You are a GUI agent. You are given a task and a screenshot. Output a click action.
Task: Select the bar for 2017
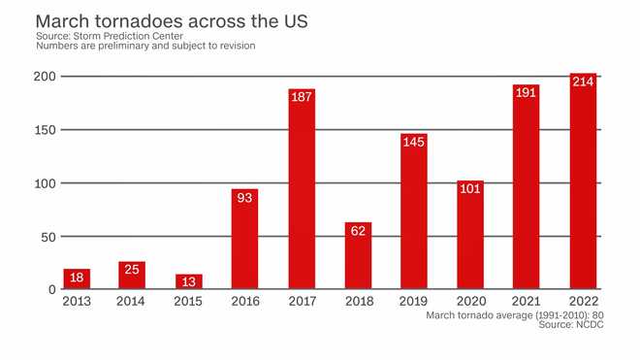[302, 189]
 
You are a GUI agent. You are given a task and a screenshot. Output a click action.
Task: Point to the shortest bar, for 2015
[189, 281]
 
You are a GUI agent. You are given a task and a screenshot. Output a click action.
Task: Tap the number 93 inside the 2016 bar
[245, 201]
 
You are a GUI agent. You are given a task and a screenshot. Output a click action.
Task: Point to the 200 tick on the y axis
[44, 77]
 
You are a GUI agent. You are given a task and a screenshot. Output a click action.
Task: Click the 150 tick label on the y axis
[44, 130]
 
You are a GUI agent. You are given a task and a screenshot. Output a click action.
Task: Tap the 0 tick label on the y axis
[51, 290]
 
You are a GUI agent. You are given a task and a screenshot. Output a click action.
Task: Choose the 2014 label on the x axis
[133, 302]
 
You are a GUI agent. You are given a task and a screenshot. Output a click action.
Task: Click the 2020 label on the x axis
[470, 302]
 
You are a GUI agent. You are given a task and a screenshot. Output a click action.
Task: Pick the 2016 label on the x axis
[245, 302]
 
